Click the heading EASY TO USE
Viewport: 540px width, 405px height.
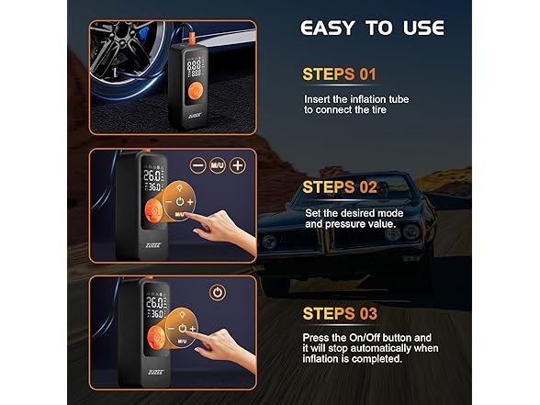pos(372,28)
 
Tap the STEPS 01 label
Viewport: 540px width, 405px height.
pos(339,74)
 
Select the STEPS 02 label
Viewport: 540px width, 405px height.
pos(340,187)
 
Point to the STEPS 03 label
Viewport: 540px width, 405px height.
pos(340,314)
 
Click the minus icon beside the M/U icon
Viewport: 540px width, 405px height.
pos(198,165)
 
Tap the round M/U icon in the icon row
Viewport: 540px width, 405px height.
pos(218,165)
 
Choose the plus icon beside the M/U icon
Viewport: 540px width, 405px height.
pos(238,165)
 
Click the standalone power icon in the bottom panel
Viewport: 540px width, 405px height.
pos(218,293)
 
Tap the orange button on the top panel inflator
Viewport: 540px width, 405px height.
pos(196,92)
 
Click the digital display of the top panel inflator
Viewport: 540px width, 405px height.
pos(195,68)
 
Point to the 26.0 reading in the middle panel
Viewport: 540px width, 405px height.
pos(152,176)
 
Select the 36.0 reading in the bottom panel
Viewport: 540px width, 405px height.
pos(156,314)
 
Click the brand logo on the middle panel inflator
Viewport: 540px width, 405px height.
pos(153,245)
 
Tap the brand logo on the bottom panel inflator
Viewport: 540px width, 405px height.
pos(156,372)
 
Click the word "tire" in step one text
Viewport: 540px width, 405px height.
pos(377,110)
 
